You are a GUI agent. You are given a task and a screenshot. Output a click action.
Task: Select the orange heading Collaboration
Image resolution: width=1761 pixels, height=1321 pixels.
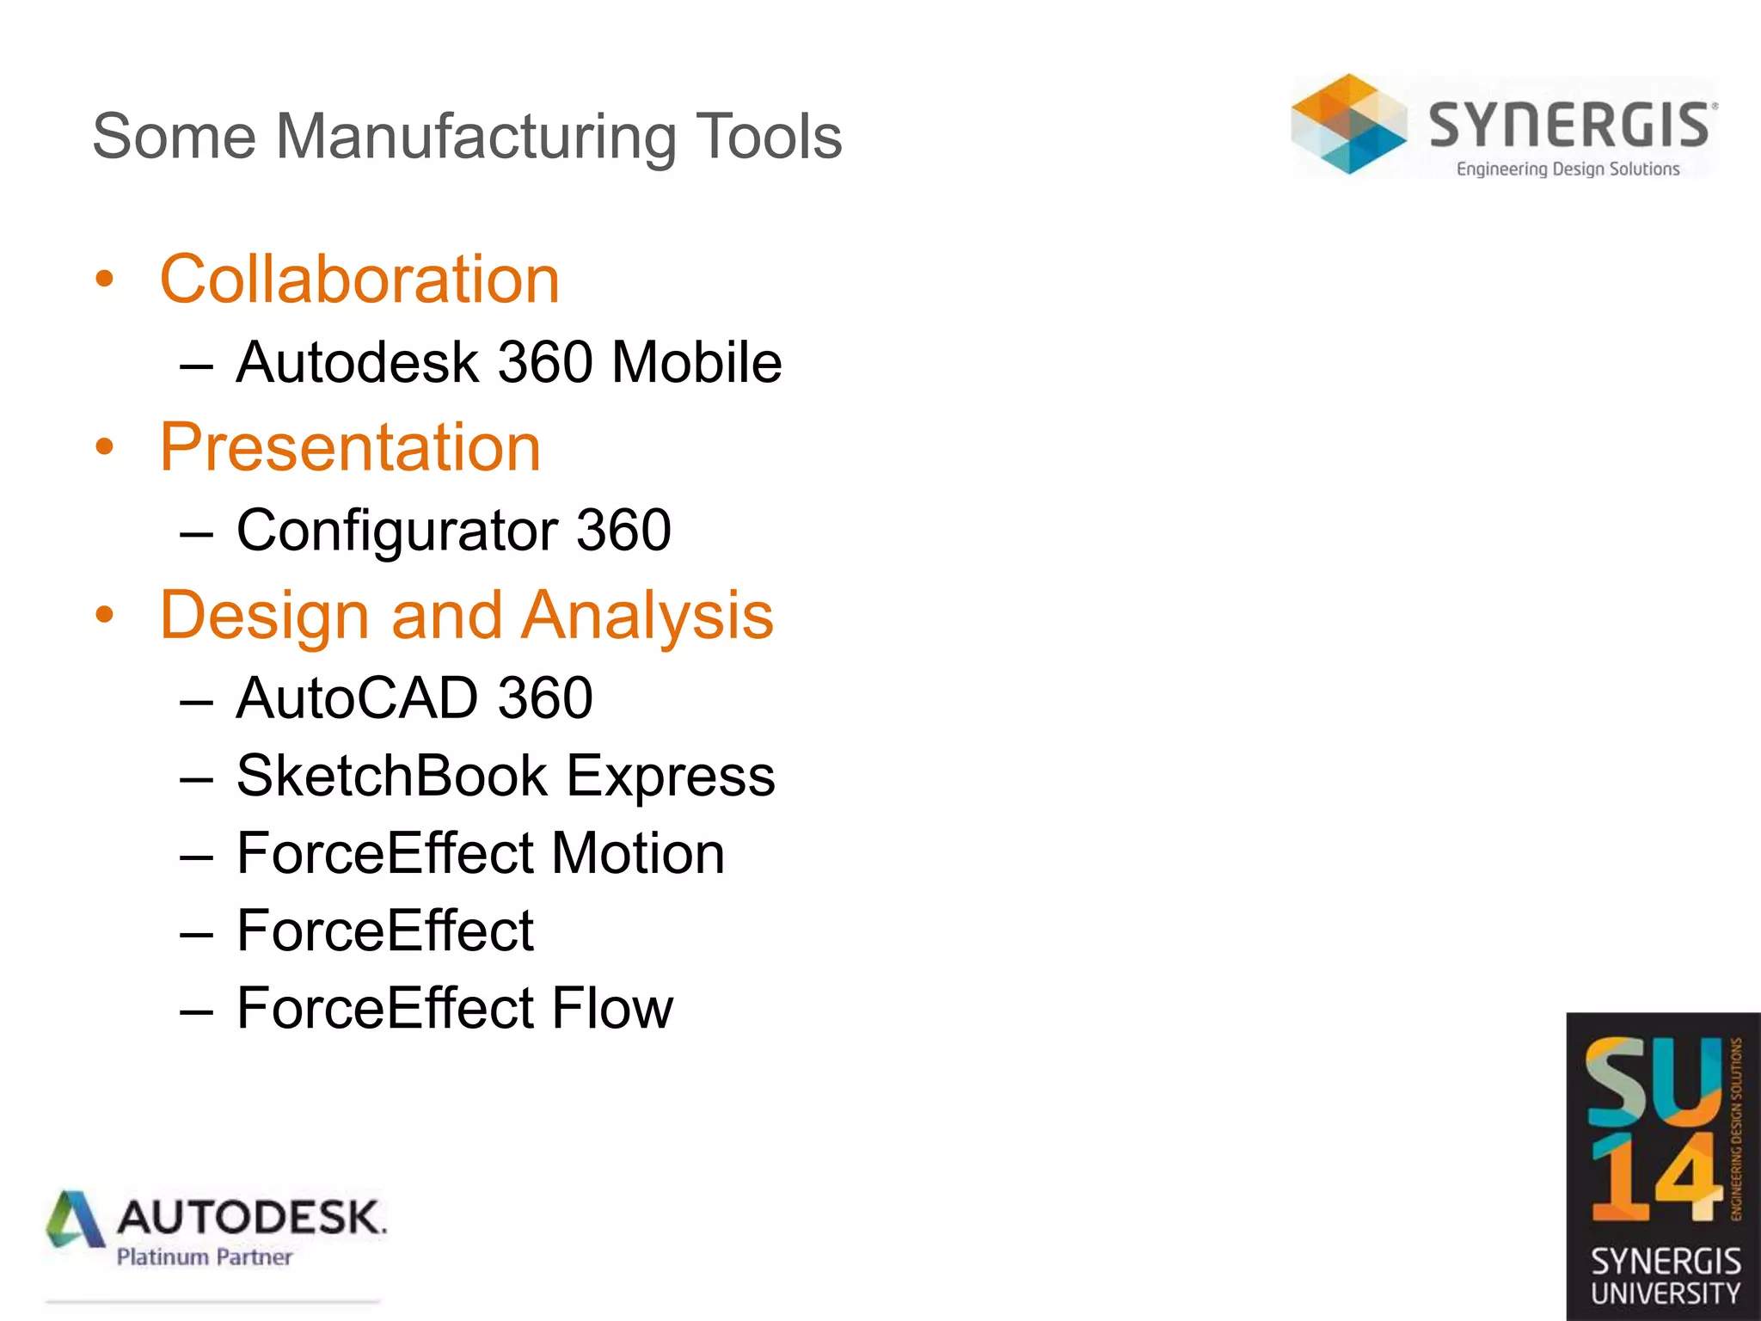(359, 280)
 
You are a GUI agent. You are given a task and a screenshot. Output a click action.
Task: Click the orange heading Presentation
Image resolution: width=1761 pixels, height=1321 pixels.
(350, 447)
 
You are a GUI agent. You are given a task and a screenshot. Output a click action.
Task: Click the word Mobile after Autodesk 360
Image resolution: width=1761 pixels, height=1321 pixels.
(696, 362)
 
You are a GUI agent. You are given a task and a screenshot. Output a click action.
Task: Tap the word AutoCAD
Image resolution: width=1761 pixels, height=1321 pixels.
(356, 697)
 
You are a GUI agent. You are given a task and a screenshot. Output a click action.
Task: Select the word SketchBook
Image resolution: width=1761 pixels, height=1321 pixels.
(391, 776)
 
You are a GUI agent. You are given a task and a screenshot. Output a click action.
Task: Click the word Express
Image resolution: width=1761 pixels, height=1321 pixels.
(670, 776)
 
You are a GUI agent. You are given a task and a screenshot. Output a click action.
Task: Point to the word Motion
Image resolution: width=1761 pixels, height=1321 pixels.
(638, 854)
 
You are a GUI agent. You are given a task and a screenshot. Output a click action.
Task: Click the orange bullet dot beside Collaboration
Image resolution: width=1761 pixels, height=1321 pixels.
(105, 280)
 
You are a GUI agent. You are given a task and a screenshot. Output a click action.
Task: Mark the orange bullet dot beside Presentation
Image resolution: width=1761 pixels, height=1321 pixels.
(105, 447)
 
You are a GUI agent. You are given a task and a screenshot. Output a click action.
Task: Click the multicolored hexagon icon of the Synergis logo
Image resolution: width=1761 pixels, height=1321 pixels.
(1348, 125)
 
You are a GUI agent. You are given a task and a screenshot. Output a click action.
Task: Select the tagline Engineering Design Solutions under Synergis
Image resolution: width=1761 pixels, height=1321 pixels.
(1568, 169)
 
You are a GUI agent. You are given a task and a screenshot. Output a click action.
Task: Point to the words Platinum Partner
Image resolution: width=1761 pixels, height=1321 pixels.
(205, 1257)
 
